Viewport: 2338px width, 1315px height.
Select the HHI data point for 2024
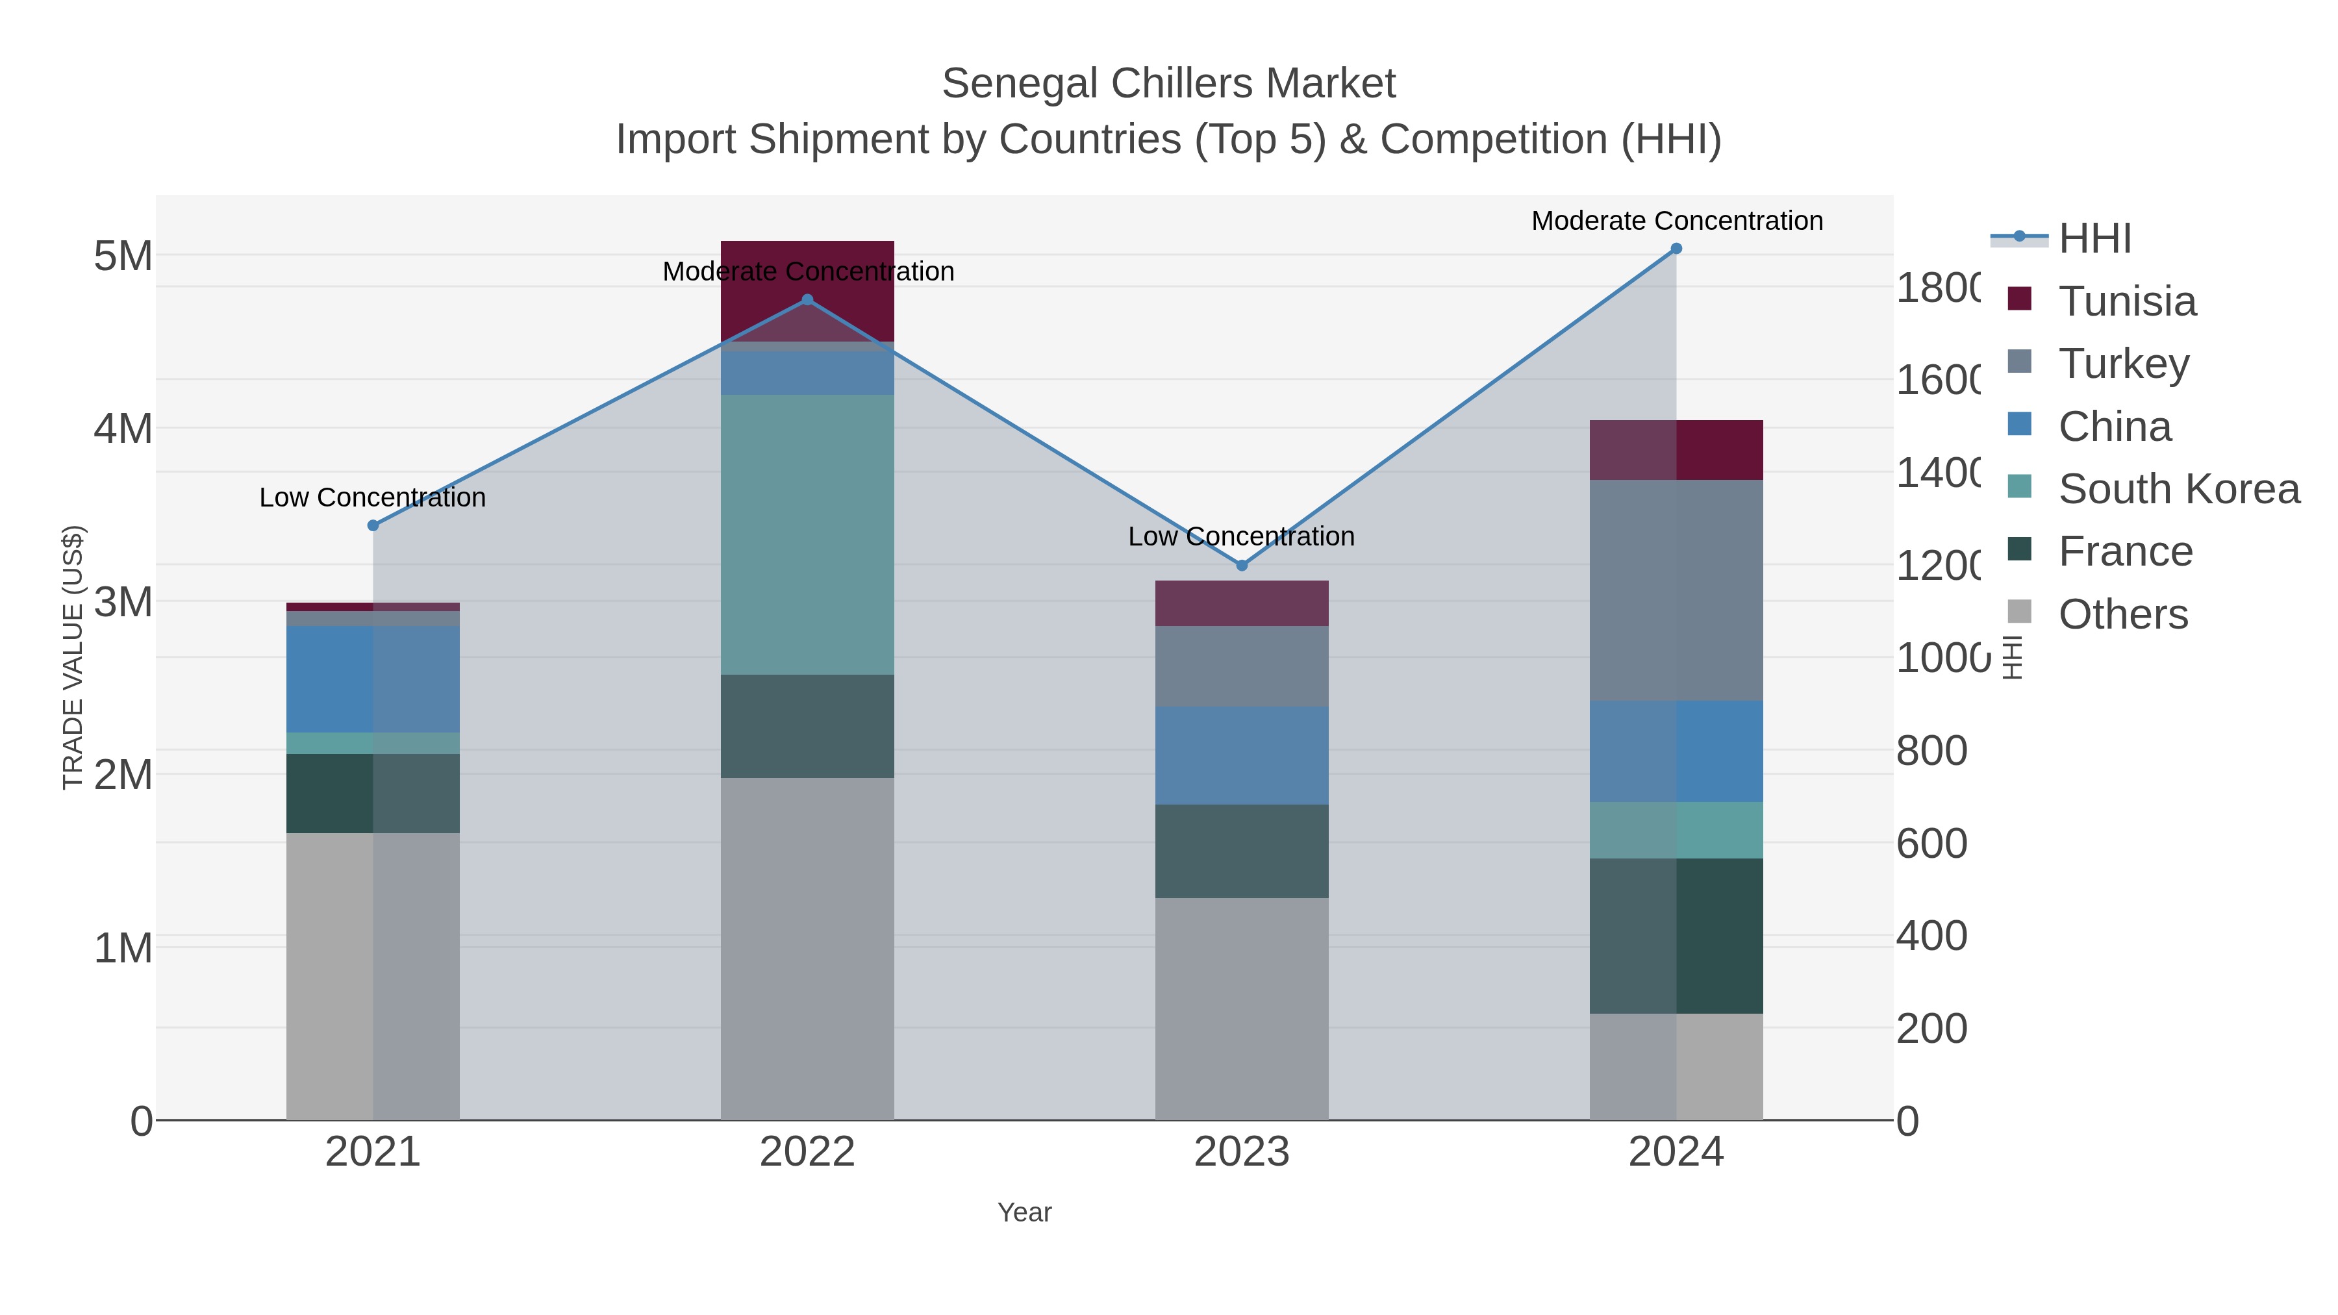point(1676,249)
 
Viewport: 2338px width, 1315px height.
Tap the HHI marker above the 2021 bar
point(372,525)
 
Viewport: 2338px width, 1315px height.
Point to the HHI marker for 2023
point(1242,566)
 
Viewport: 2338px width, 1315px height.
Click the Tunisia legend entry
point(2126,301)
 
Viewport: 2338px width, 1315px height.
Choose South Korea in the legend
point(2178,489)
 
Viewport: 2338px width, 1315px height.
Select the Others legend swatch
point(2018,612)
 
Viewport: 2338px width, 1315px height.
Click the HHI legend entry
point(2094,239)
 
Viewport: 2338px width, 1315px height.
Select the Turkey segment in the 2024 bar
point(1676,590)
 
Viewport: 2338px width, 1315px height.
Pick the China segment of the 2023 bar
point(1242,755)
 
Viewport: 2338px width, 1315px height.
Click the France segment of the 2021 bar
point(372,793)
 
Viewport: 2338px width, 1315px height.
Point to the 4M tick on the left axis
point(123,429)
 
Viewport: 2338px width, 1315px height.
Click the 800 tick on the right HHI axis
point(1931,751)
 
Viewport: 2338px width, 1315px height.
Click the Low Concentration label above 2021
point(372,497)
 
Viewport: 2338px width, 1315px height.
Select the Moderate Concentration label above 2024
point(1676,221)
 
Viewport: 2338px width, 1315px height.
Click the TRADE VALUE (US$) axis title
point(73,657)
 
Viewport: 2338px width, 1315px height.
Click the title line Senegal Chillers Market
point(1168,84)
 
